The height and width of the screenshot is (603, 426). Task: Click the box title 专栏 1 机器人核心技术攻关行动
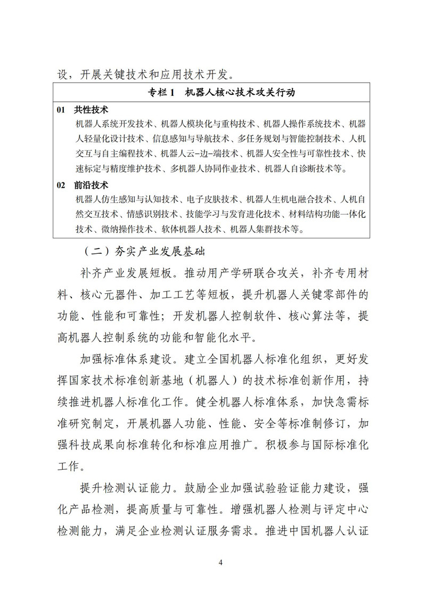click(221, 93)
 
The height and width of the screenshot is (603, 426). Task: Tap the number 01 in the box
click(62, 109)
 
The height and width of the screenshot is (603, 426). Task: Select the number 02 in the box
click(62, 186)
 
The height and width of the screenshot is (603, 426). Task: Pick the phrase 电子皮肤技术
click(212, 200)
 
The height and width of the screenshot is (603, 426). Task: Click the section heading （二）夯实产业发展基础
click(144, 250)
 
